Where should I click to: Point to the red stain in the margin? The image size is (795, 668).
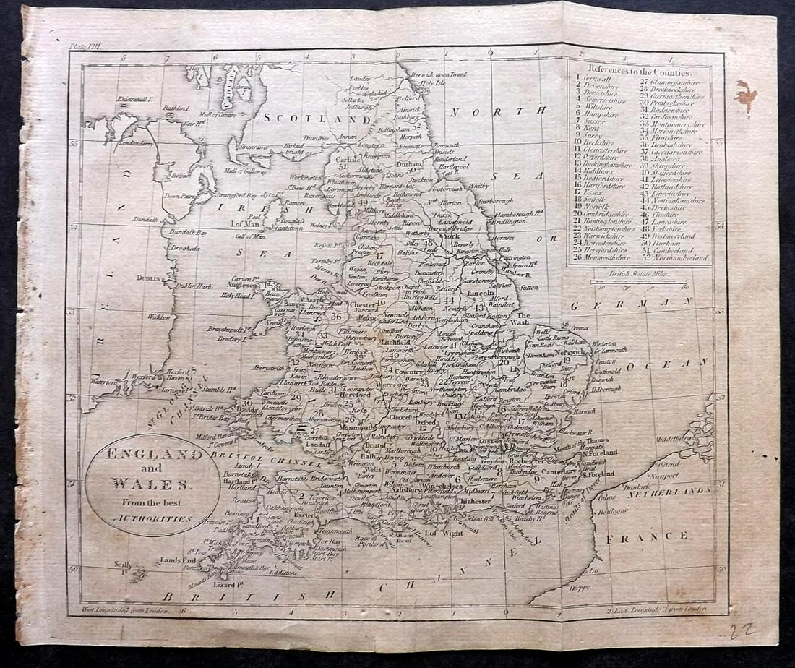coord(747,96)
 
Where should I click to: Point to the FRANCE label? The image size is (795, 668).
coord(648,536)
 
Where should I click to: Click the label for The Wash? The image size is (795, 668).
coord(524,319)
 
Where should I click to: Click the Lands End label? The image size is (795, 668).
coord(179,560)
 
